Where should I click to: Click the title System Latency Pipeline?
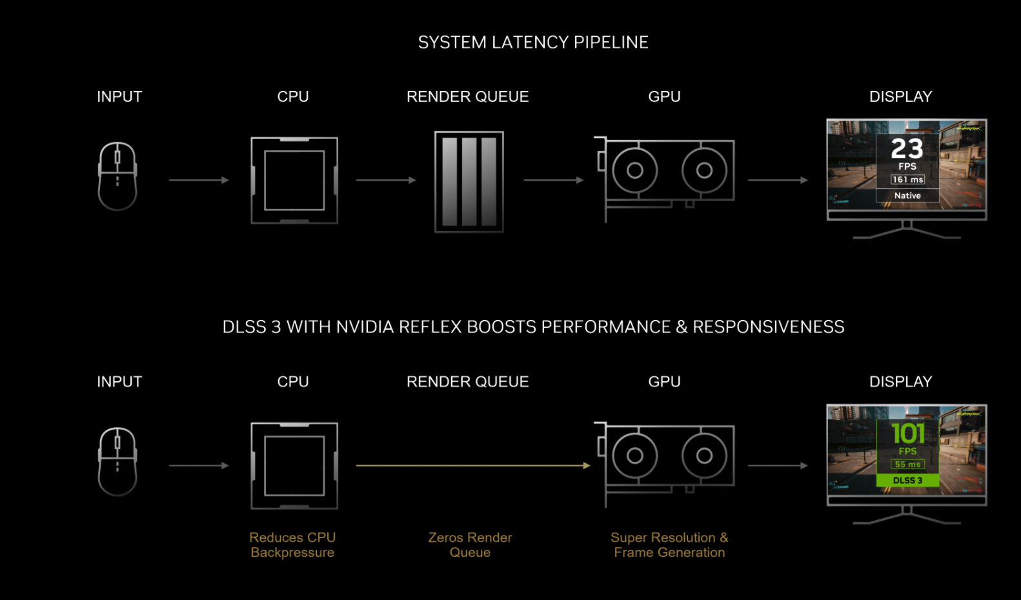pos(533,43)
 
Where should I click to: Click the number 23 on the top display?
pos(907,149)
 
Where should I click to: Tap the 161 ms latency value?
pos(907,179)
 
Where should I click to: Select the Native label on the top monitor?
pos(907,195)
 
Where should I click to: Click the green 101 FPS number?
pos(907,434)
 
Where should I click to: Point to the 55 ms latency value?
pos(907,465)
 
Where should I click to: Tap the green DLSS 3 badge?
pos(907,481)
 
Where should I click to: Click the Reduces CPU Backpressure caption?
pos(292,545)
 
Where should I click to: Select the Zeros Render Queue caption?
pos(470,545)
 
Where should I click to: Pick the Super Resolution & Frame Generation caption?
pos(669,545)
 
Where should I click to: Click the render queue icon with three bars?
pos(469,182)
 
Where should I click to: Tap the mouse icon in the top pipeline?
pos(117,176)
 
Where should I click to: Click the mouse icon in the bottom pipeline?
pos(117,461)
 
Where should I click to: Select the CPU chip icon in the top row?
pos(294,181)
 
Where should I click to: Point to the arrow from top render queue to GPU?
pos(553,181)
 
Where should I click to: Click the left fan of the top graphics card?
pos(635,170)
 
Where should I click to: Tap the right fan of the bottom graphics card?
pos(704,455)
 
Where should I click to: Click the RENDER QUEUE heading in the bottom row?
pos(467,382)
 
